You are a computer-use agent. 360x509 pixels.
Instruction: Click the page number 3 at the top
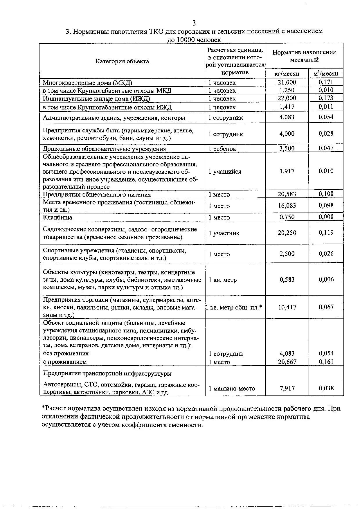[x=194, y=23]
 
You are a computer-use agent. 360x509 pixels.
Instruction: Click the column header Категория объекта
[x=122, y=61]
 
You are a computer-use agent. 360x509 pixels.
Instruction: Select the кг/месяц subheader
[x=287, y=74]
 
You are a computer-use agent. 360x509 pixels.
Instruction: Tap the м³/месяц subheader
[x=326, y=73]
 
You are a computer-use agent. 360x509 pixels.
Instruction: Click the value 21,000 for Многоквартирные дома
[x=287, y=82]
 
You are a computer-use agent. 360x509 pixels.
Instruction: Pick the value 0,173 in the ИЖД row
[x=326, y=98]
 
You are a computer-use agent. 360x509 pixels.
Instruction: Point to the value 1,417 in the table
[x=287, y=107]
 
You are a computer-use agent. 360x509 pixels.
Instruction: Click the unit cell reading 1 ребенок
[x=222, y=149]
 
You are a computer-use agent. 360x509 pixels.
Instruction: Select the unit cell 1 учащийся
[x=225, y=172]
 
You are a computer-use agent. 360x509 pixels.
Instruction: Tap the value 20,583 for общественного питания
[x=287, y=194]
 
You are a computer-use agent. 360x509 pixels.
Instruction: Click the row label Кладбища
[x=57, y=217]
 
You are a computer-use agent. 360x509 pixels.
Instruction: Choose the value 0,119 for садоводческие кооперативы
[x=326, y=233]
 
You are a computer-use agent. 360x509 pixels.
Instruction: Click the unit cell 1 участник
[x=224, y=233]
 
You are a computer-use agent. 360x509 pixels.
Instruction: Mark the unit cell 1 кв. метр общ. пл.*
[x=234, y=307]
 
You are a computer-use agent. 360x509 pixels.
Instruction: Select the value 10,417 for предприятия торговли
[x=287, y=307]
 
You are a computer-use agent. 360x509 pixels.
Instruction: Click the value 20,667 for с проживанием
[x=287, y=362]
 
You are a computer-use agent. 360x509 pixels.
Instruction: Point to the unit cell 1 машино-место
[x=232, y=389]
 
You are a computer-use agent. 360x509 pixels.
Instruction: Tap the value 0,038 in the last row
[x=326, y=388]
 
